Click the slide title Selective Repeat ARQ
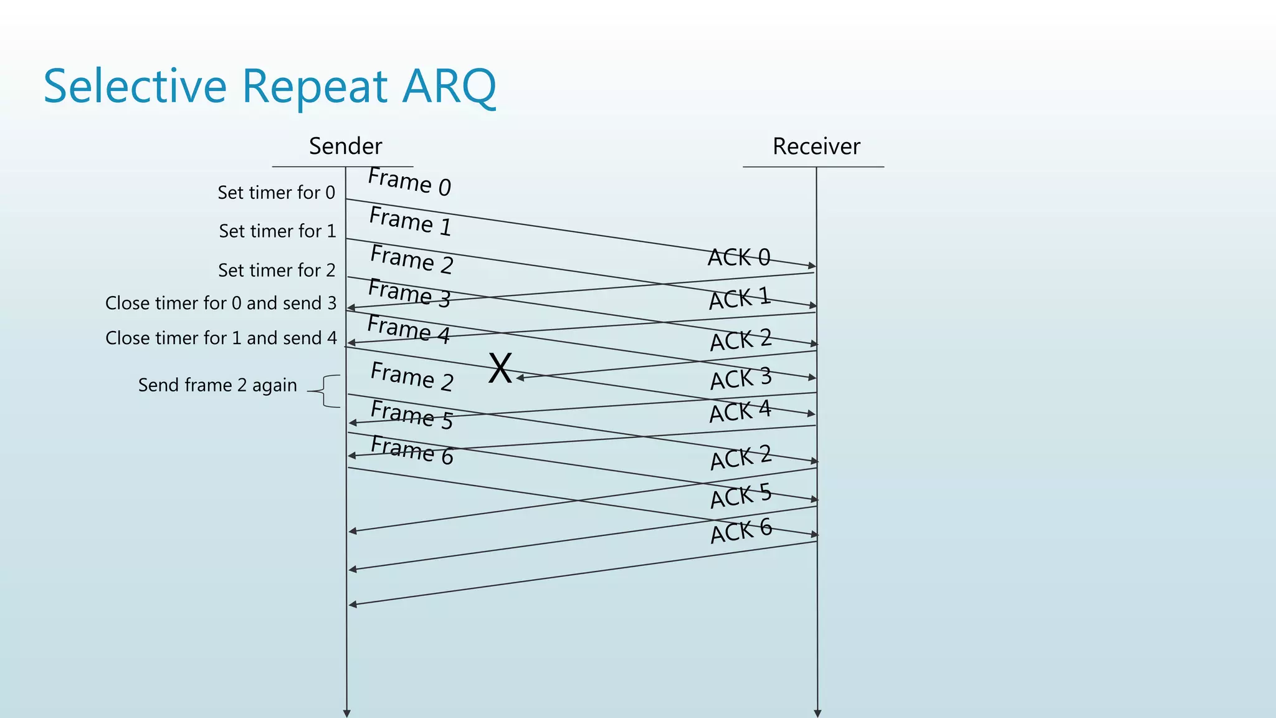(269, 86)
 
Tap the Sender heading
(345, 146)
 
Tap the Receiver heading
(816, 146)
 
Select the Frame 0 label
(409, 182)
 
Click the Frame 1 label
(410, 221)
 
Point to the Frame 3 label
(409, 294)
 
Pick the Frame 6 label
(411, 451)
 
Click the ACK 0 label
(739, 257)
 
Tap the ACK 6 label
(741, 531)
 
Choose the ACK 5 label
(740, 496)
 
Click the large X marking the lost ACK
(500, 368)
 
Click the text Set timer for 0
(276, 193)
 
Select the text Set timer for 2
(276, 270)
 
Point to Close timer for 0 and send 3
(221, 303)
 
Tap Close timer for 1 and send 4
(221, 338)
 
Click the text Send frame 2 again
(217, 385)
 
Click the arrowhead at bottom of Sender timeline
(346, 713)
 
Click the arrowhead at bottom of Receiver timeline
(817, 713)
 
